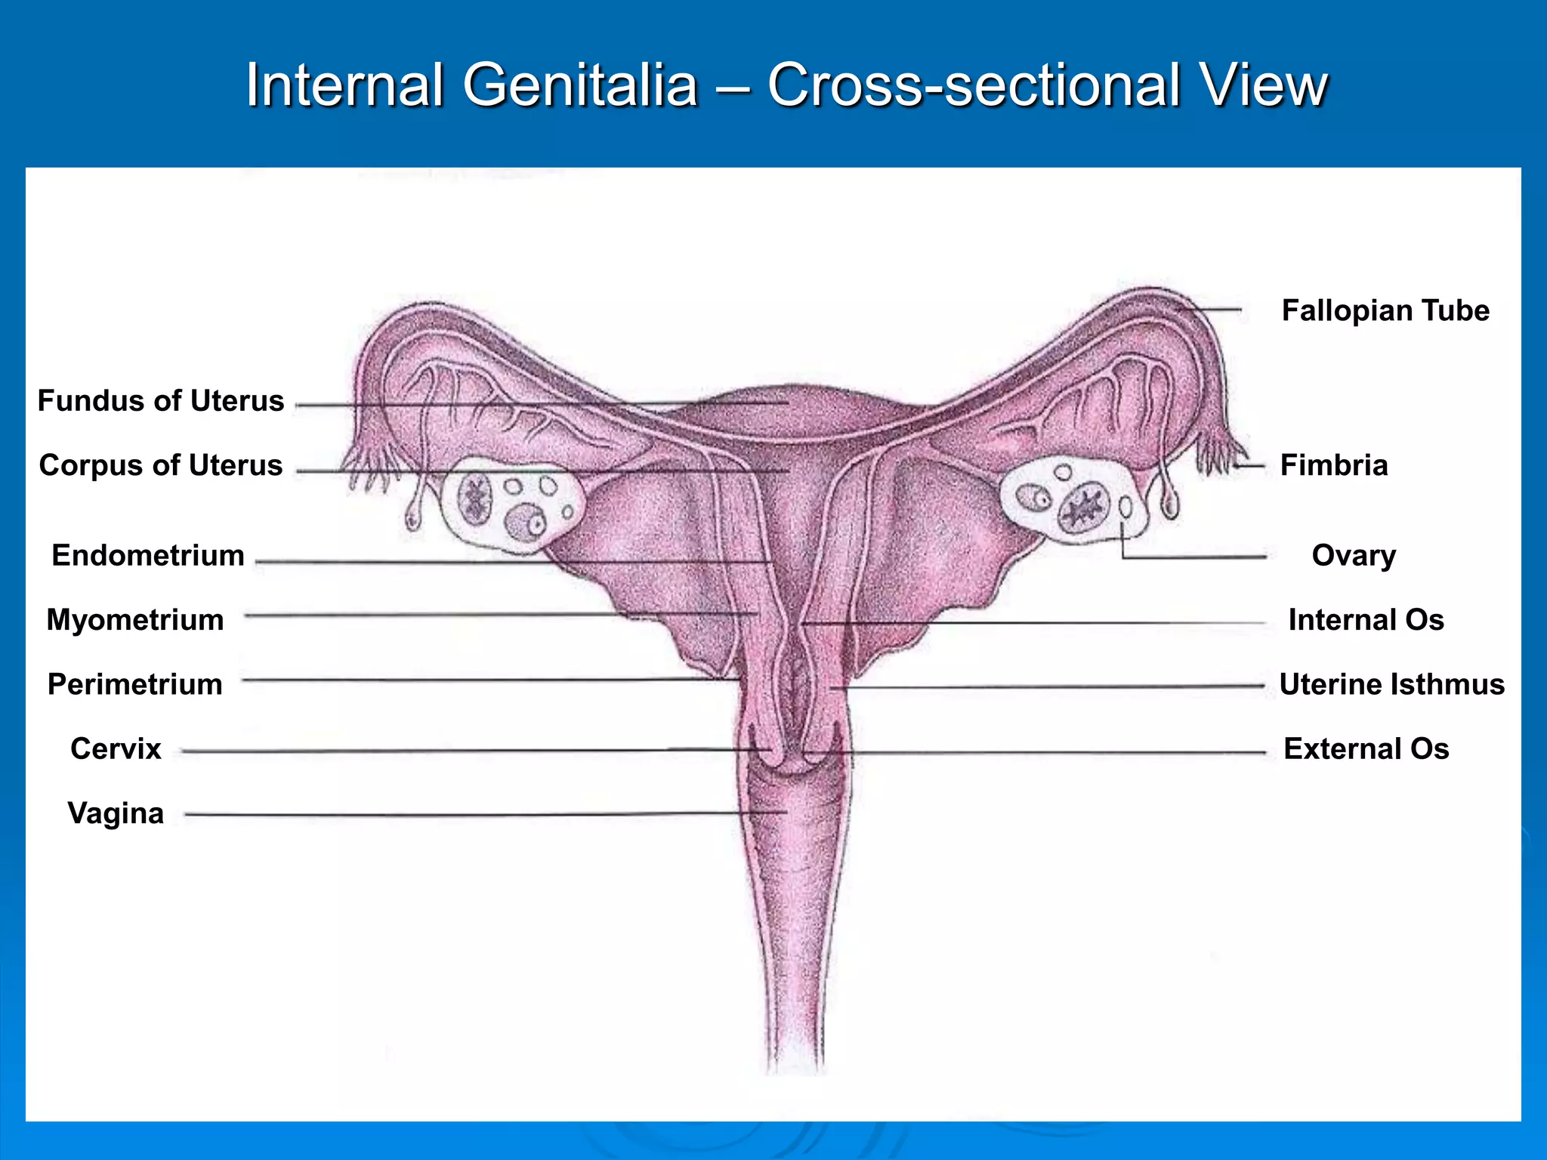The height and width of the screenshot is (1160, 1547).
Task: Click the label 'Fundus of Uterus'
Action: tap(161, 401)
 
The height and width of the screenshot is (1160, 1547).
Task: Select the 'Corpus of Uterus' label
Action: tap(161, 465)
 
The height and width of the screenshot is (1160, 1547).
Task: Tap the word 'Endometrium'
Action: tap(148, 556)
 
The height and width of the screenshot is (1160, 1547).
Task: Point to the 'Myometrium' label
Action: tap(135, 620)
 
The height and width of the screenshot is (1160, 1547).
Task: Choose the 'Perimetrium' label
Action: tap(135, 684)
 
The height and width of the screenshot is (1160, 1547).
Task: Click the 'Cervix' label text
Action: tap(116, 749)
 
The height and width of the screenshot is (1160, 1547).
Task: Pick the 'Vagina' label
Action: tap(116, 813)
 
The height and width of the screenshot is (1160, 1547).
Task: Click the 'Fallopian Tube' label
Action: tap(1385, 310)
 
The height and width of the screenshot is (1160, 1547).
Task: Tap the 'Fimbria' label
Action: tap(1334, 465)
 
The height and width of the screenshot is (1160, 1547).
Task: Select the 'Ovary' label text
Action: tap(1354, 556)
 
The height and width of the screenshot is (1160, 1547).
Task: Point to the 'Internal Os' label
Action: tap(1366, 620)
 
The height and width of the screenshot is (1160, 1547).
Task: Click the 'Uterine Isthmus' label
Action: tap(1391, 684)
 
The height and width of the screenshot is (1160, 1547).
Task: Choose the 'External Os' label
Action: tap(1366, 749)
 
